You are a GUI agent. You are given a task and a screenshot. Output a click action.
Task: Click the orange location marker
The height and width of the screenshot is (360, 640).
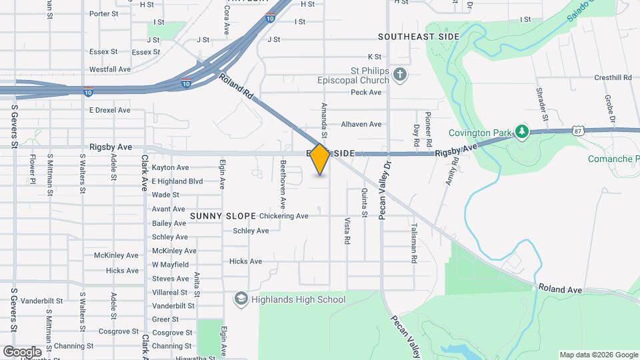tap(320, 159)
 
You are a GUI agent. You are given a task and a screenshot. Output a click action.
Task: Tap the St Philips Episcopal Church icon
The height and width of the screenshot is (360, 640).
tap(400, 74)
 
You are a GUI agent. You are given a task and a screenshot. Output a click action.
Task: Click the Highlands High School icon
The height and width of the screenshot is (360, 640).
tap(240, 299)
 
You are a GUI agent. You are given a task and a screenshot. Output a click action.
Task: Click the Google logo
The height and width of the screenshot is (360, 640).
tap(22, 351)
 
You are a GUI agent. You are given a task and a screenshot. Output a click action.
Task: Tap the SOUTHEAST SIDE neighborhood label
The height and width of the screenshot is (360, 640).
tap(419, 36)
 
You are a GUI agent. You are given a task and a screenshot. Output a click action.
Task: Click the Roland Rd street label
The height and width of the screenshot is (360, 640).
tap(237, 87)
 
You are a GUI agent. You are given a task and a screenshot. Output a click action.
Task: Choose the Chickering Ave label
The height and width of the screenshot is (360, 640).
tap(283, 216)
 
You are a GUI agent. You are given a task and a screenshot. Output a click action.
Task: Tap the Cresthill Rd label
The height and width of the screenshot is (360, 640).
tap(613, 77)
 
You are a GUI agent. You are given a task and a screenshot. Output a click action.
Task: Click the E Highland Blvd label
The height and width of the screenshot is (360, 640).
tap(177, 181)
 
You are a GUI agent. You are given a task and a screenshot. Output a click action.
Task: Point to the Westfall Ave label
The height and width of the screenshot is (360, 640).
tap(110, 69)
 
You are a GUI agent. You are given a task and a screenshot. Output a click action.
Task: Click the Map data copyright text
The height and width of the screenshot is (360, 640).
tap(598, 355)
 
